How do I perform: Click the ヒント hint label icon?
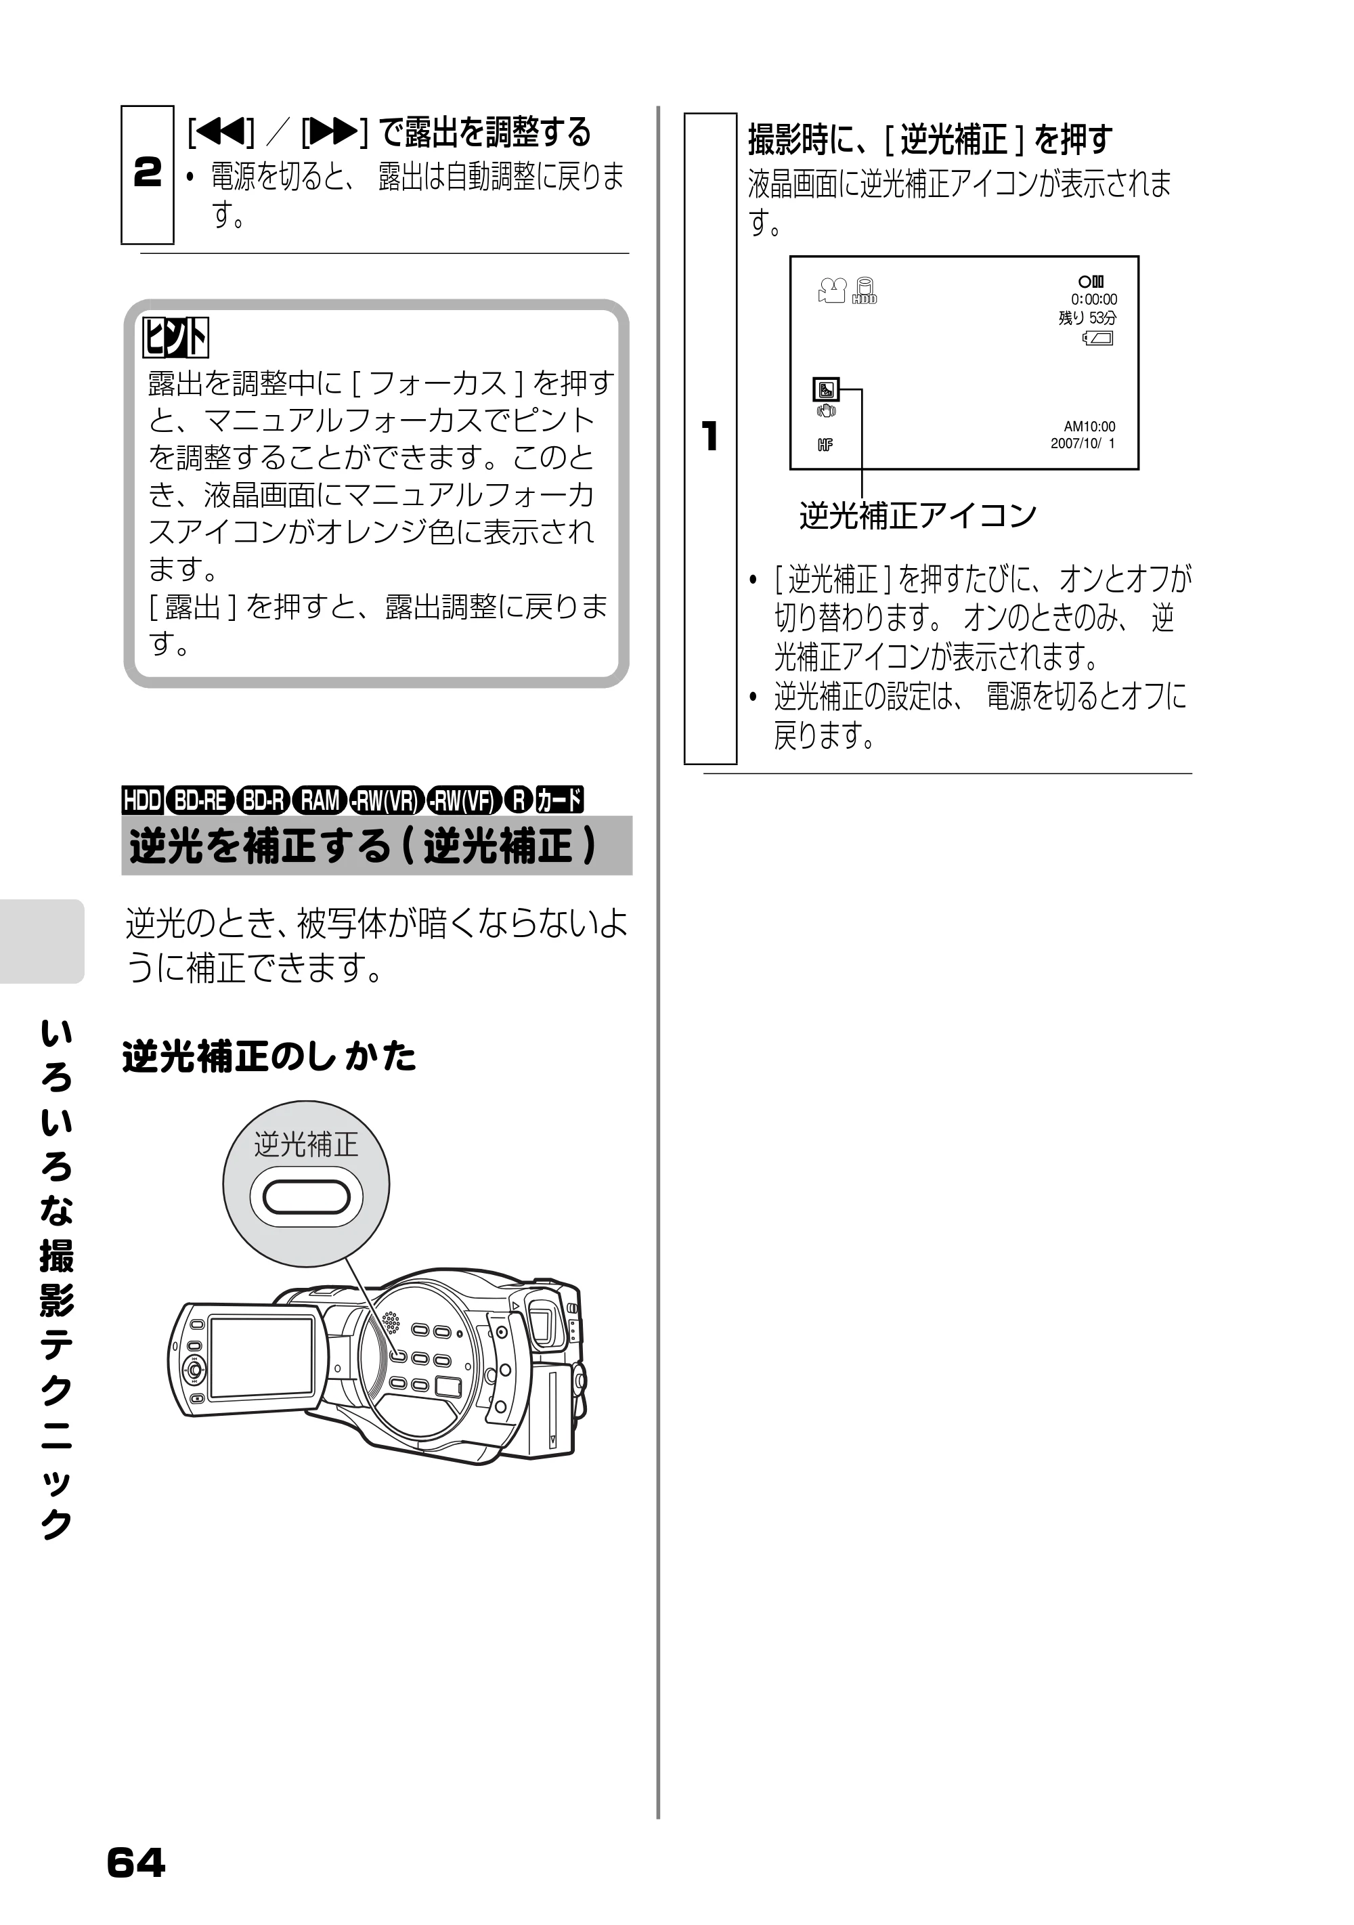pyautogui.click(x=175, y=338)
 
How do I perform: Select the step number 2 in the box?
pyautogui.click(x=148, y=173)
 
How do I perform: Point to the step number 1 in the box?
pyautogui.click(x=710, y=436)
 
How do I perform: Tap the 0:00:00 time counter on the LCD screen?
pyautogui.click(x=1093, y=299)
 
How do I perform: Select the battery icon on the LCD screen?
pyautogui.click(x=1098, y=339)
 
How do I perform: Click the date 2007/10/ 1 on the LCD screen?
pyautogui.click(x=1083, y=444)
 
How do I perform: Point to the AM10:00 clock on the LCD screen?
pyautogui.click(x=1089, y=427)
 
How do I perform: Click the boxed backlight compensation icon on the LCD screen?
pyautogui.click(x=826, y=390)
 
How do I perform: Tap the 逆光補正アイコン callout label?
pyautogui.click(x=918, y=517)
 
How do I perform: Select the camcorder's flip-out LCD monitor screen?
pyautogui.click(x=261, y=1358)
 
